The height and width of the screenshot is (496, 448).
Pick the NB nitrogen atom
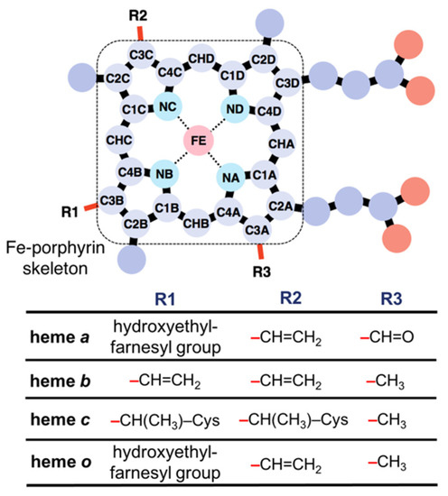pyautogui.click(x=163, y=172)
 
